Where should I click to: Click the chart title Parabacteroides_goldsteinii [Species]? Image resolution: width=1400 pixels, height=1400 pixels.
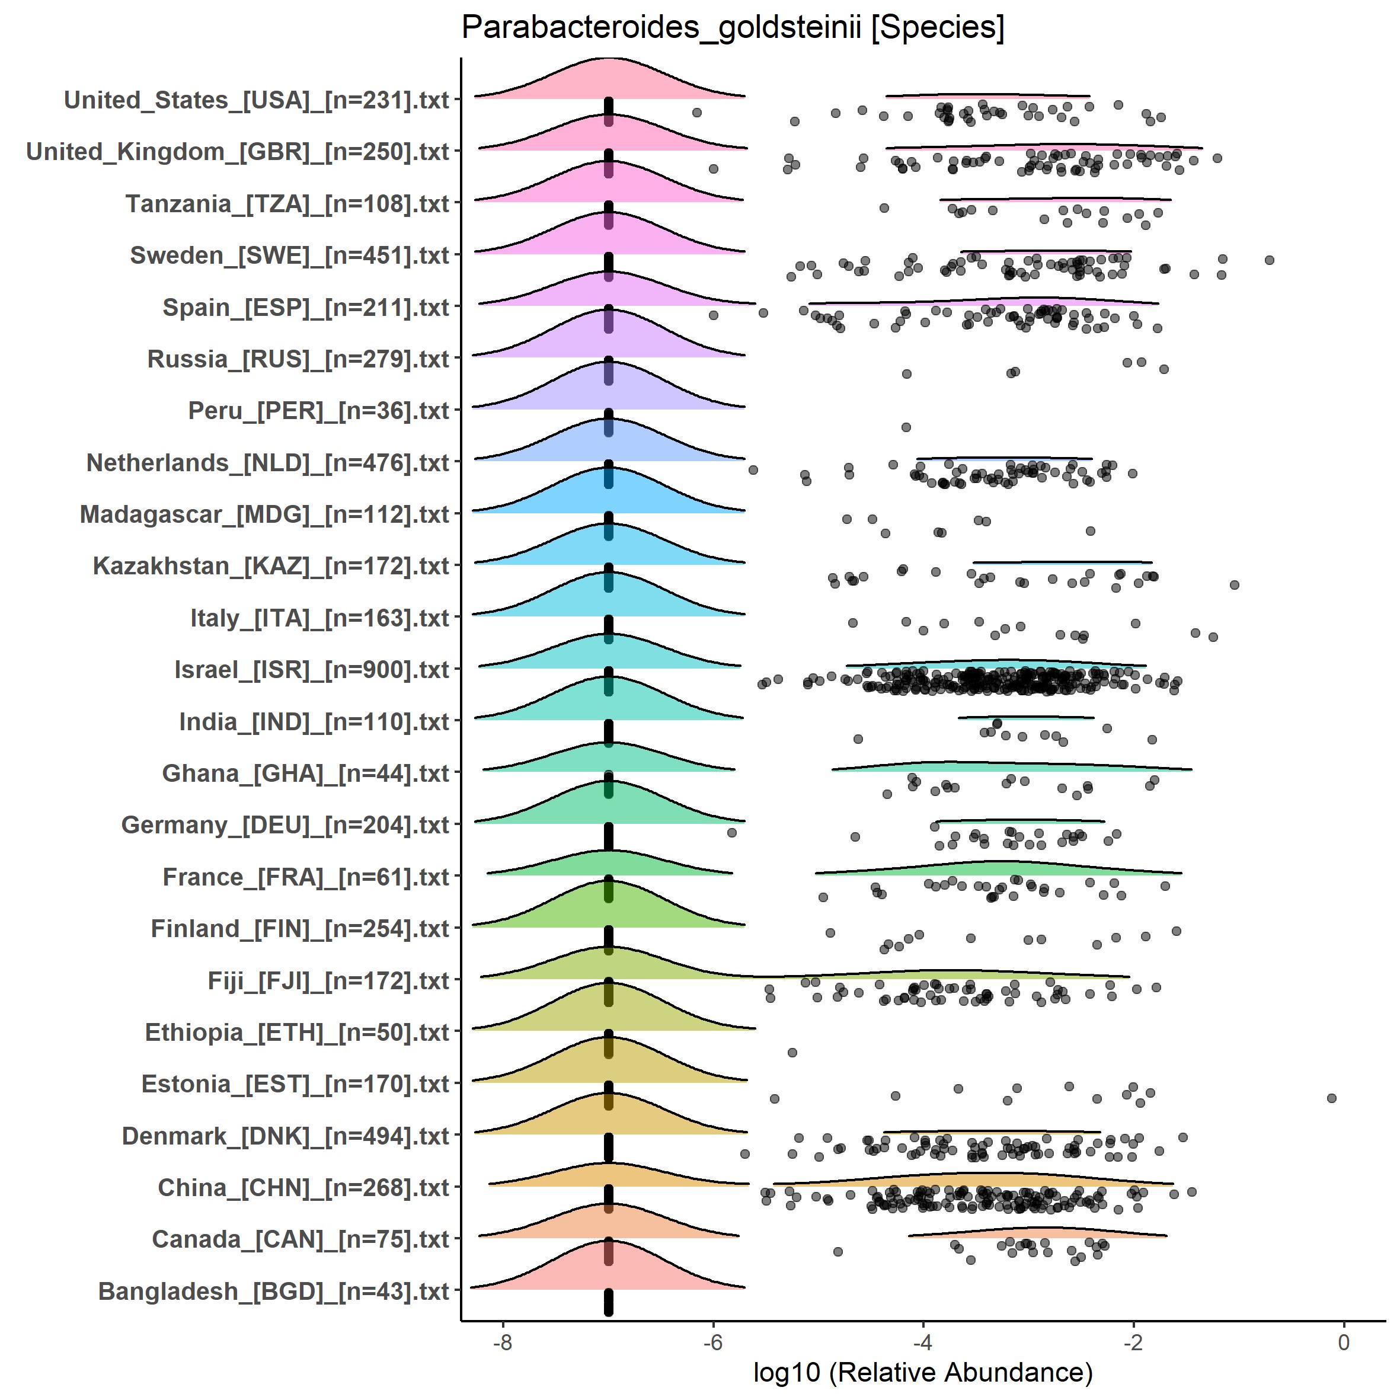pos(733,29)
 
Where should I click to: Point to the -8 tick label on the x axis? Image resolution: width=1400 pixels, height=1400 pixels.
pos(502,1343)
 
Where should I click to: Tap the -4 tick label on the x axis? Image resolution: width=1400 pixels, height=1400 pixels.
pos(922,1343)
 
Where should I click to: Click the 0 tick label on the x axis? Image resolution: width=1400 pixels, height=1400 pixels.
pos(1344,1343)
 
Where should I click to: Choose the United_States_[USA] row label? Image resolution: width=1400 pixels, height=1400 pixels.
pos(257,100)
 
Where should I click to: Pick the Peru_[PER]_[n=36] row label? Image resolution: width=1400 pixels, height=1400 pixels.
pos(319,411)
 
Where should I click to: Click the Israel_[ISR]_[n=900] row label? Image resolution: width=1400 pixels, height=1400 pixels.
pos(312,670)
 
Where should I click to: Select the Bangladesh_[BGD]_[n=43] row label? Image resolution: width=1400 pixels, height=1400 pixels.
pos(274,1292)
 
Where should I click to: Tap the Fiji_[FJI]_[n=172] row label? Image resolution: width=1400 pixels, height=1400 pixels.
pos(328,980)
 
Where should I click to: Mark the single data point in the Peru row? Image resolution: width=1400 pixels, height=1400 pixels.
pos(906,427)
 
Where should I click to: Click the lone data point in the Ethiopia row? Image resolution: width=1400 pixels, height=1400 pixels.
pos(792,1052)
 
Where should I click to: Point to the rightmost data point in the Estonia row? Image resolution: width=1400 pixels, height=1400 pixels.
pos(1331,1098)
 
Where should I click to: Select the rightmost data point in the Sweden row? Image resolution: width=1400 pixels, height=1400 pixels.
pos(1269,260)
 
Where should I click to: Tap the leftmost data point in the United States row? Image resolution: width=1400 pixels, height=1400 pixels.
pos(697,112)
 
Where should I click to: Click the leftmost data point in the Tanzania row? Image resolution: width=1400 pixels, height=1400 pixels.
pos(884,208)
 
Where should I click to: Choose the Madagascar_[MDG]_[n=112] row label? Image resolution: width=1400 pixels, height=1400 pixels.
pos(264,514)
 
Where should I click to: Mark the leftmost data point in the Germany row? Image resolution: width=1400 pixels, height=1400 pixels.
pos(732,833)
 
